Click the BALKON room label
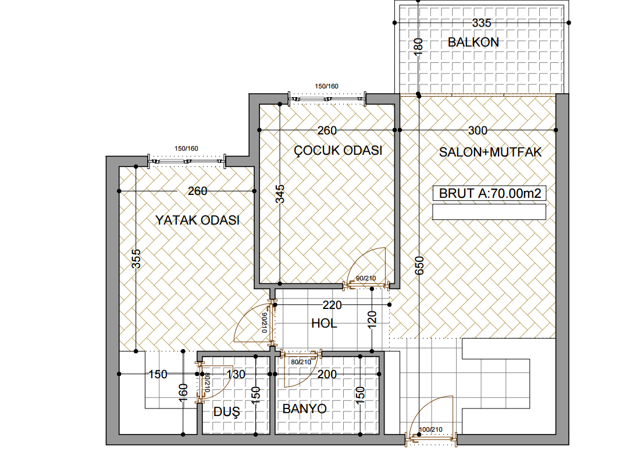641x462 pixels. [x=473, y=42]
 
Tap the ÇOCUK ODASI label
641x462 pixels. [x=338, y=151]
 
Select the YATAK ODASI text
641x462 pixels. [x=197, y=221]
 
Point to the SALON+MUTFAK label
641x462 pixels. [x=490, y=152]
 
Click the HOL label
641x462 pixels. [x=324, y=324]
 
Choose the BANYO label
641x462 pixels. [x=305, y=408]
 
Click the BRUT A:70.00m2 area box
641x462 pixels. [x=489, y=193]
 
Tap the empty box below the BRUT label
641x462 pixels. [x=489, y=212]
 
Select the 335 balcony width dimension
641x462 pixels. [x=482, y=23]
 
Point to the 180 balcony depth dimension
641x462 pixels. [x=418, y=47]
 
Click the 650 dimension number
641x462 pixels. [x=419, y=266]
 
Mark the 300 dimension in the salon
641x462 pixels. [x=478, y=130]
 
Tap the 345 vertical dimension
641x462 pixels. [x=280, y=194]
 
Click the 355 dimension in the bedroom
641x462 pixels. [x=136, y=259]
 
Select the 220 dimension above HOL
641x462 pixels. [x=332, y=305]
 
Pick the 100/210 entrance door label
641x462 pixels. [x=431, y=429]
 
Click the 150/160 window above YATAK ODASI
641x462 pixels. [x=186, y=148]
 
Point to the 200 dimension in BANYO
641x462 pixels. [x=327, y=374]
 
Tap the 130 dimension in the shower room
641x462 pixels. [x=236, y=374]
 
